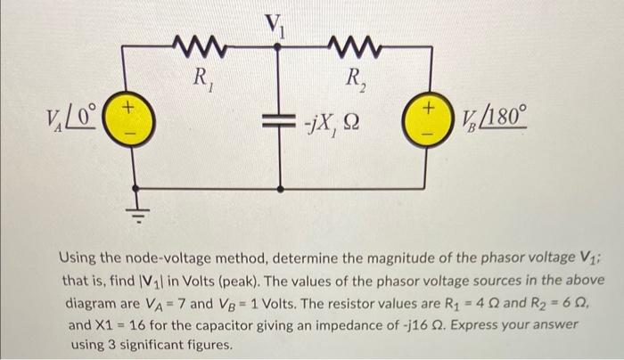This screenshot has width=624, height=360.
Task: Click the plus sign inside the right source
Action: pyautogui.click(x=429, y=107)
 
